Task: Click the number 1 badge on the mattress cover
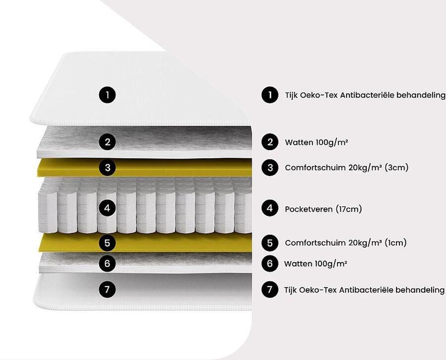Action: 107,95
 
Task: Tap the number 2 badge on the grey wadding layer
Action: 107,142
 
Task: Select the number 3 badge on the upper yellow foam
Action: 107,167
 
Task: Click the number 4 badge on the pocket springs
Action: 107,208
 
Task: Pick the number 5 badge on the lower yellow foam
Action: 107,243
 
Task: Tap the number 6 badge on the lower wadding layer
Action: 107,263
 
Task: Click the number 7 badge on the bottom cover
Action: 107,290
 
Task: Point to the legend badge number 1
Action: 270,95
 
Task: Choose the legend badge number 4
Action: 270,208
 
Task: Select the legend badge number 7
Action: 270,290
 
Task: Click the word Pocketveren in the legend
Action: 309,209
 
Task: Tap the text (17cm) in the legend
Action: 349,209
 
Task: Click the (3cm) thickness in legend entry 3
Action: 396,167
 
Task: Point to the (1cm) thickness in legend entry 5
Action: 395,242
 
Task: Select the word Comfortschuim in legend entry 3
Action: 315,167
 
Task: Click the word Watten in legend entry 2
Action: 299,142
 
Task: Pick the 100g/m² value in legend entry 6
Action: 331,263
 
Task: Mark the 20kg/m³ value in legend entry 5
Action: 365,242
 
